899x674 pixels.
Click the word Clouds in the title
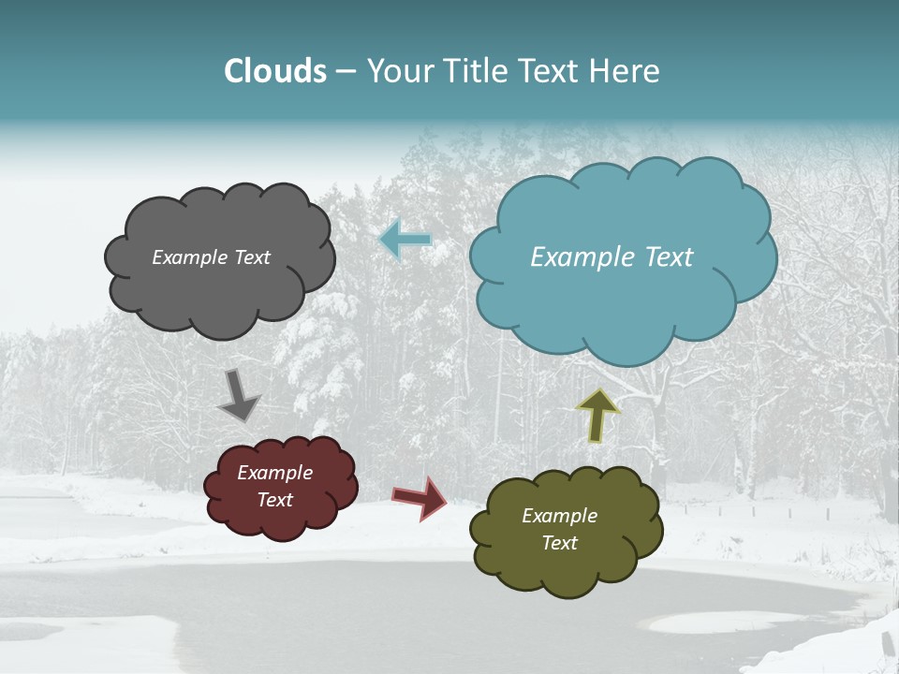(275, 71)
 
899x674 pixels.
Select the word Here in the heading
(626, 71)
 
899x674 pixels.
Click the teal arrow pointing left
(405, 240)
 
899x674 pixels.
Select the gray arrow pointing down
(239, 396)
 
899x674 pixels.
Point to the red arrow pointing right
(420, 497)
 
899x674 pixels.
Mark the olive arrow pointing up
(597, 415)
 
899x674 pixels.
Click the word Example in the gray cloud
(190, 257)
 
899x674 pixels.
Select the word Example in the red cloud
(274, 473)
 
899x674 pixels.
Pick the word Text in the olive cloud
(559, 543)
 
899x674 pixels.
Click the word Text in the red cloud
(274, 500)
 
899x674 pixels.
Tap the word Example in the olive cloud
(559, 516)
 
